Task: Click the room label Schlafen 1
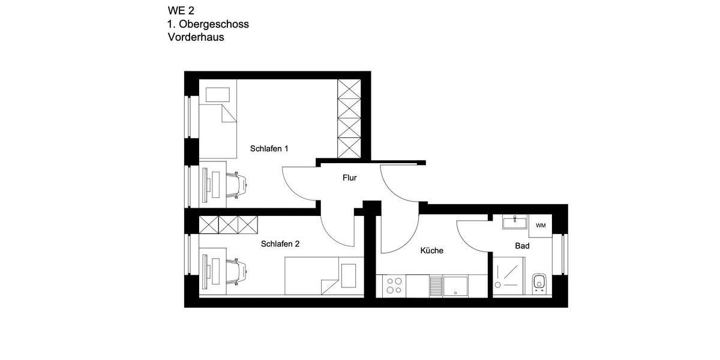pyautogui.click(x=269, y=148)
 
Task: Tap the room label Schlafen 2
pyautogui.click(x=280, y=244)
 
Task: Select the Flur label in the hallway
pyautogui.click(x=350, y=178)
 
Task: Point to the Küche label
pyautogui.click(x=431, y=251)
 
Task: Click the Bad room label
pyautogui.click(x=522, y=246)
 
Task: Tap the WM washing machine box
pyautogui.click(x=541, y=226)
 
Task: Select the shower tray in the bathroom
pyautogui.click(x=509, y=276)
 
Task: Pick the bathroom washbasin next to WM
pyautogui.click(x=515, y=223)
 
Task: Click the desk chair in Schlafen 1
pyautogui.click(x=236, y=184)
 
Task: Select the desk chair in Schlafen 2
pyautogui.click(x=236, y=270)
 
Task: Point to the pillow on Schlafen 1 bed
pyautogui.click(x=218, y=95)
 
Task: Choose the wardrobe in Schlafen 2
pyautogui.click(x=228, y=224)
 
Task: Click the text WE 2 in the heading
pyautogui.click(x=181, y=10)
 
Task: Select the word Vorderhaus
pyautogui.click(x=196, y=37)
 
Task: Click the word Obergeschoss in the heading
pyautogui.click(x=214, y=24)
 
